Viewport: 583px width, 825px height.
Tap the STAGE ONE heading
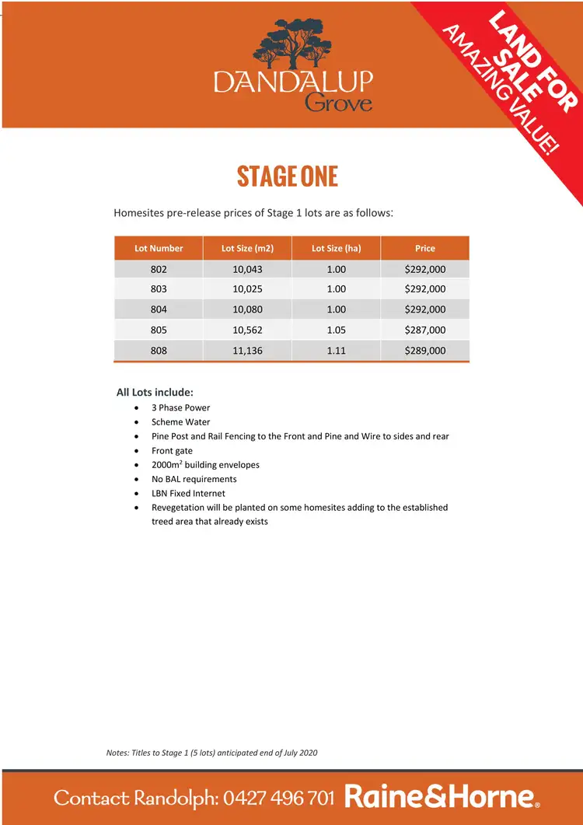[288, 177]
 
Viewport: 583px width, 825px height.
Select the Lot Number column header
[159, 249]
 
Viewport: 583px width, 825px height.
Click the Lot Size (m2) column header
[247, 249]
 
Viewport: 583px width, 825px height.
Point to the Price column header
[425, 249]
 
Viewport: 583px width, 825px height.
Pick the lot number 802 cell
[159, 269]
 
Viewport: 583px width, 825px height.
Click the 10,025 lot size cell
[247, 289]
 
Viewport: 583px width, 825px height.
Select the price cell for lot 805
[425, 330]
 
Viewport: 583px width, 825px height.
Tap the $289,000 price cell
[425, 351]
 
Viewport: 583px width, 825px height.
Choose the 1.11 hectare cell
[336, 351]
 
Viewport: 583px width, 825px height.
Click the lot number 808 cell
[159, 351]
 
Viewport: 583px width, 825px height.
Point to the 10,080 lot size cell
[247, 309]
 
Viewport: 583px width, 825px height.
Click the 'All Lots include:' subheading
[155, 392]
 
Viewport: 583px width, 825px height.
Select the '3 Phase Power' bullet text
[180, 407]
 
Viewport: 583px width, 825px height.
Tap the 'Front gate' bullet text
[172, 451]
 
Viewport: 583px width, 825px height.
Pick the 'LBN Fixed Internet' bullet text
[188, 494]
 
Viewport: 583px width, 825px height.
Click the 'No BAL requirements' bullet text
[194, 479]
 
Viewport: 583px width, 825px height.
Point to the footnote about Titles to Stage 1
[211, 753]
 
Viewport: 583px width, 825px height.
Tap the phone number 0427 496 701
[279, 798]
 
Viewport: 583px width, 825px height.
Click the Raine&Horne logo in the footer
[441, 797]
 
